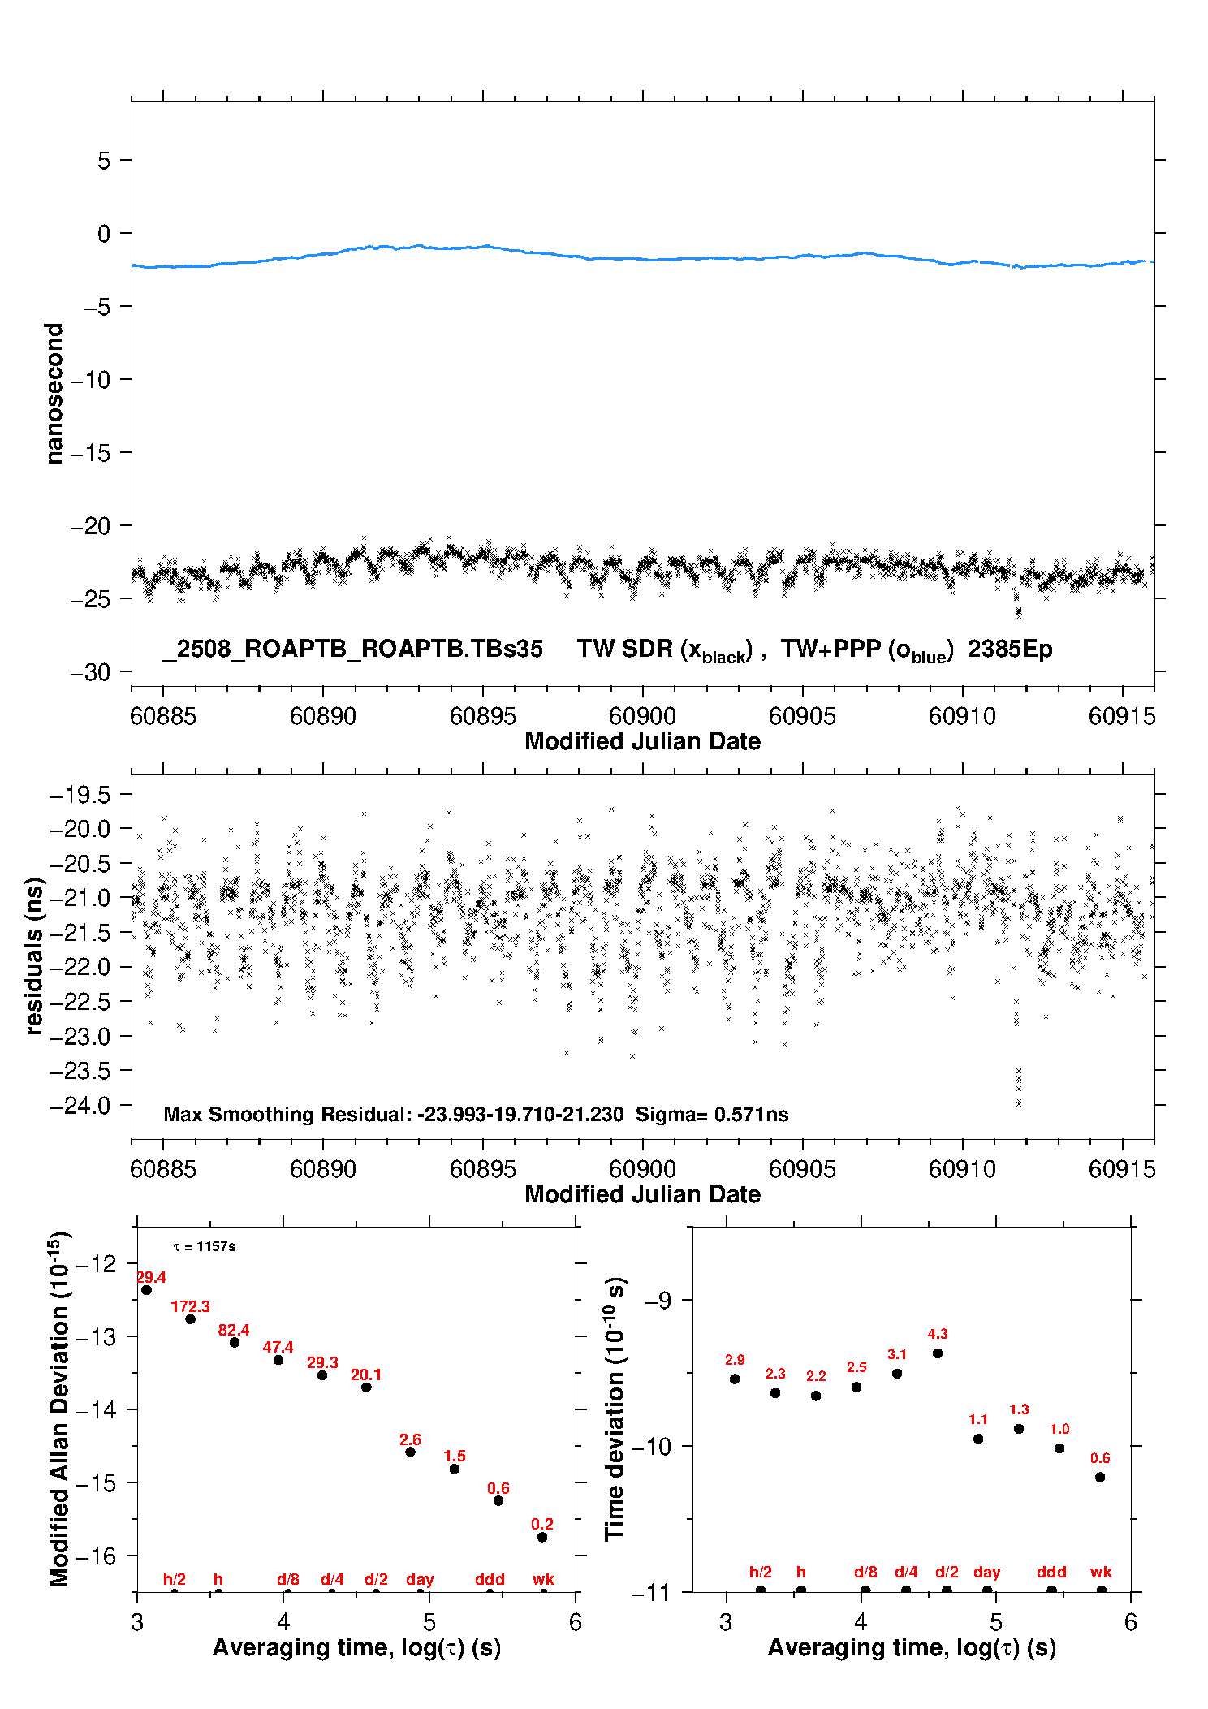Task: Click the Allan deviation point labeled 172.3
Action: coord(191,1318)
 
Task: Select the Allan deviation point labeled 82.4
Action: coord(235,1342)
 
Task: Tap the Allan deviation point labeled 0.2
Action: coord(542,1537)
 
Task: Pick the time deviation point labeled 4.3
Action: coord(938,1353)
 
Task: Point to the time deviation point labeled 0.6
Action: coord(1100,1477)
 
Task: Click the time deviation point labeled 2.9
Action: coord(735,1379)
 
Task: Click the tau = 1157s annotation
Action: coord(205,1246)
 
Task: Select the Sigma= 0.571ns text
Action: coord(712,1114)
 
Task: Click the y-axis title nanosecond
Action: coord(54,394)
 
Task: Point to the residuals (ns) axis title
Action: coord(34,956)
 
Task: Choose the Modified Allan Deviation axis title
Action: coord(58,1409)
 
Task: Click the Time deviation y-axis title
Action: coord(615,1409)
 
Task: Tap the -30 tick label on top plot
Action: coord(90,672)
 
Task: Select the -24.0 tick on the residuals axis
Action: coord(80,1105)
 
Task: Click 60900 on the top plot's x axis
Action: coord(642,716)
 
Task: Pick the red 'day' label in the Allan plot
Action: coord(420,1579)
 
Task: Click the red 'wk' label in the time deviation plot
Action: coord(1101,1572)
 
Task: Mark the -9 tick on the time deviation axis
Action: coord(659,1300)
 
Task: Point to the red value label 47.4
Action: coord(278,1347)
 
